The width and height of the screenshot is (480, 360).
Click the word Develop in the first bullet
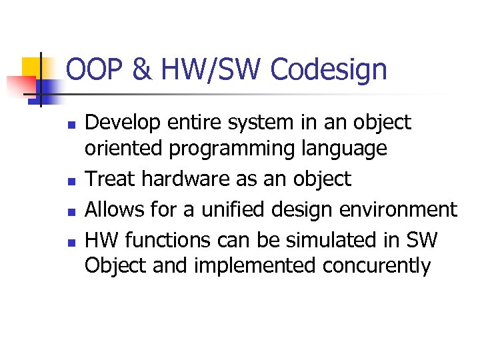[x=123, y=123]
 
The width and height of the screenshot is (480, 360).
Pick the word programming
[x=231, y=149]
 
